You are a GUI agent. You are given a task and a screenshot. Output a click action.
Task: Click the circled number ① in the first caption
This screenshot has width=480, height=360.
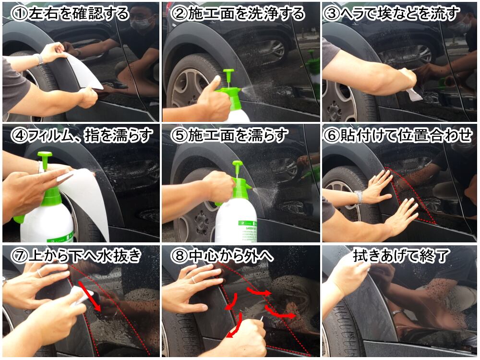click(19, 14)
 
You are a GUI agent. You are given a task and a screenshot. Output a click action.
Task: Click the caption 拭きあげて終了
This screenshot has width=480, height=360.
click(401, 256)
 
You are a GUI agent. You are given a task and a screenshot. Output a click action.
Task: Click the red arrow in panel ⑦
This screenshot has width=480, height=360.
click(90, 296)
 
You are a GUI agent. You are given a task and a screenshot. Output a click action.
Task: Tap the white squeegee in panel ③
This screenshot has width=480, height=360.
click(413, 94)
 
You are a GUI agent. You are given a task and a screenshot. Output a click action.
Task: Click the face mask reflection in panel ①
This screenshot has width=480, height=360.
click(141, 23)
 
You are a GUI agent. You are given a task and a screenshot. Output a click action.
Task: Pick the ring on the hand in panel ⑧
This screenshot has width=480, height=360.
click(193, 280)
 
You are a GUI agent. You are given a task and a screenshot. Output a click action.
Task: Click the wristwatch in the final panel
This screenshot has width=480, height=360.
click(397, 312)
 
